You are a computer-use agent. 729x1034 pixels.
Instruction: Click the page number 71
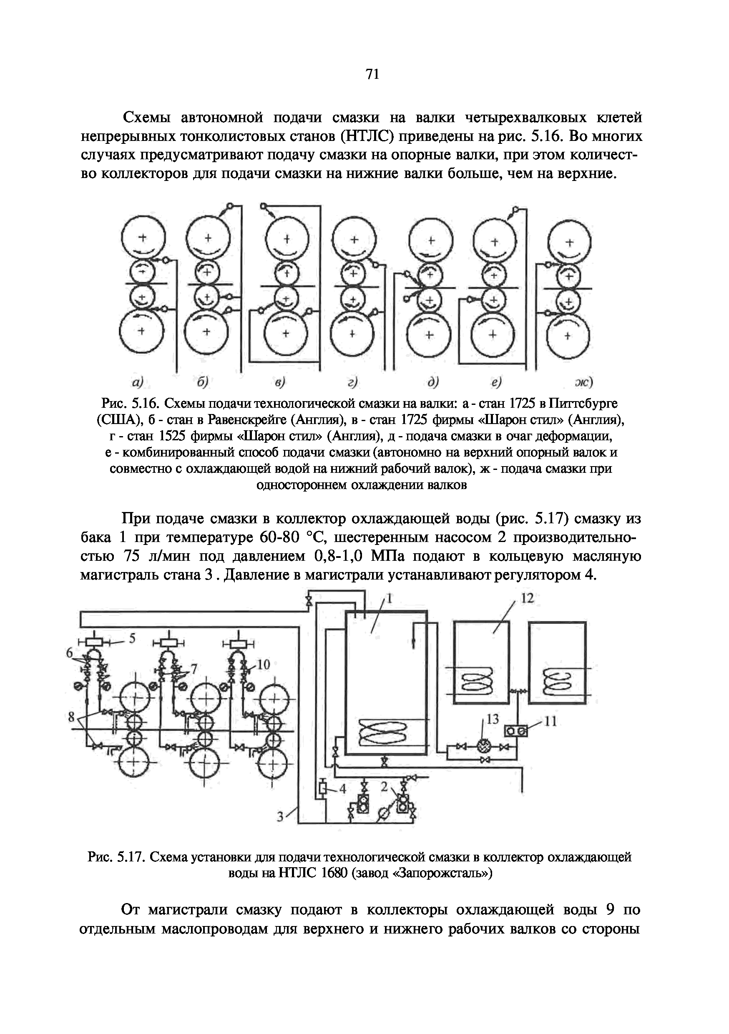point(372,74)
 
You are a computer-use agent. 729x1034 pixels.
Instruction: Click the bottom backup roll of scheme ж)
point(568,336)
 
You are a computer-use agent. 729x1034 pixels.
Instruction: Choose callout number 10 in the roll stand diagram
point(263,664)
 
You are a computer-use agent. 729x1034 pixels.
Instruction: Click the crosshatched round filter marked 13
point(483,746)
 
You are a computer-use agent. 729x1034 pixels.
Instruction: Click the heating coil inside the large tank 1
point(382,735)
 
